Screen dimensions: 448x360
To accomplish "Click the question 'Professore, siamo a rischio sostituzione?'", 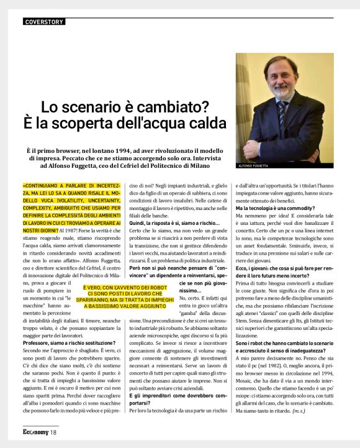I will coord(68,343).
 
